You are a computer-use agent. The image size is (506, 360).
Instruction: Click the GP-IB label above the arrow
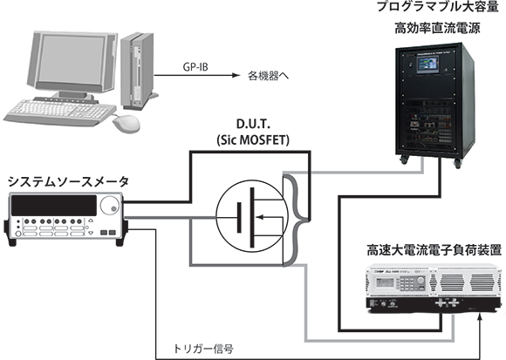(195, 67)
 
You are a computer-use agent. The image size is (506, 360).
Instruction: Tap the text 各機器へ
(268, 76)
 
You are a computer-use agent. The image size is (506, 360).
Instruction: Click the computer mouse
(126, 123)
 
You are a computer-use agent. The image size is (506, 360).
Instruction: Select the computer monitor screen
(72, 58)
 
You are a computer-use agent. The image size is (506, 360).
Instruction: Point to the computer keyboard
(59, 112)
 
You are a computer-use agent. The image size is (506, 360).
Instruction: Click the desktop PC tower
(137, 71)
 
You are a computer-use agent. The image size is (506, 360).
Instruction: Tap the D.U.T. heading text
(253, 124)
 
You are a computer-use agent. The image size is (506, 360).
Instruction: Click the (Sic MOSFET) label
(253, 140)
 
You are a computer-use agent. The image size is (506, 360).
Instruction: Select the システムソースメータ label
(68, 182)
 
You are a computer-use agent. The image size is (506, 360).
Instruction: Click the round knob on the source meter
(109, 206)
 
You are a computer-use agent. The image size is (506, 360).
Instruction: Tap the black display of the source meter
(54, 206)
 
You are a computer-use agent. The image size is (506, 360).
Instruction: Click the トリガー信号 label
(203, 349)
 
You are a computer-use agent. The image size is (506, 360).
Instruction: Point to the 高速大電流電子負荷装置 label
(434, 250)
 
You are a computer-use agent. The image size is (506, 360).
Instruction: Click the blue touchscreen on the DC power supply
(427, 65)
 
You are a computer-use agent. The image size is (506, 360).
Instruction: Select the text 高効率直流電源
(437, 29)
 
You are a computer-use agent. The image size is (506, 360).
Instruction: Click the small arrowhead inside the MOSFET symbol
(260, 217)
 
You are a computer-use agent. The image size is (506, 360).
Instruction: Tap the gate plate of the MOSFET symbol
(239, 217)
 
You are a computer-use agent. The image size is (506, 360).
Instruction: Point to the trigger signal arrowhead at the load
(481, 316)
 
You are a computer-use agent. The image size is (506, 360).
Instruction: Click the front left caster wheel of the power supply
(404, 160)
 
